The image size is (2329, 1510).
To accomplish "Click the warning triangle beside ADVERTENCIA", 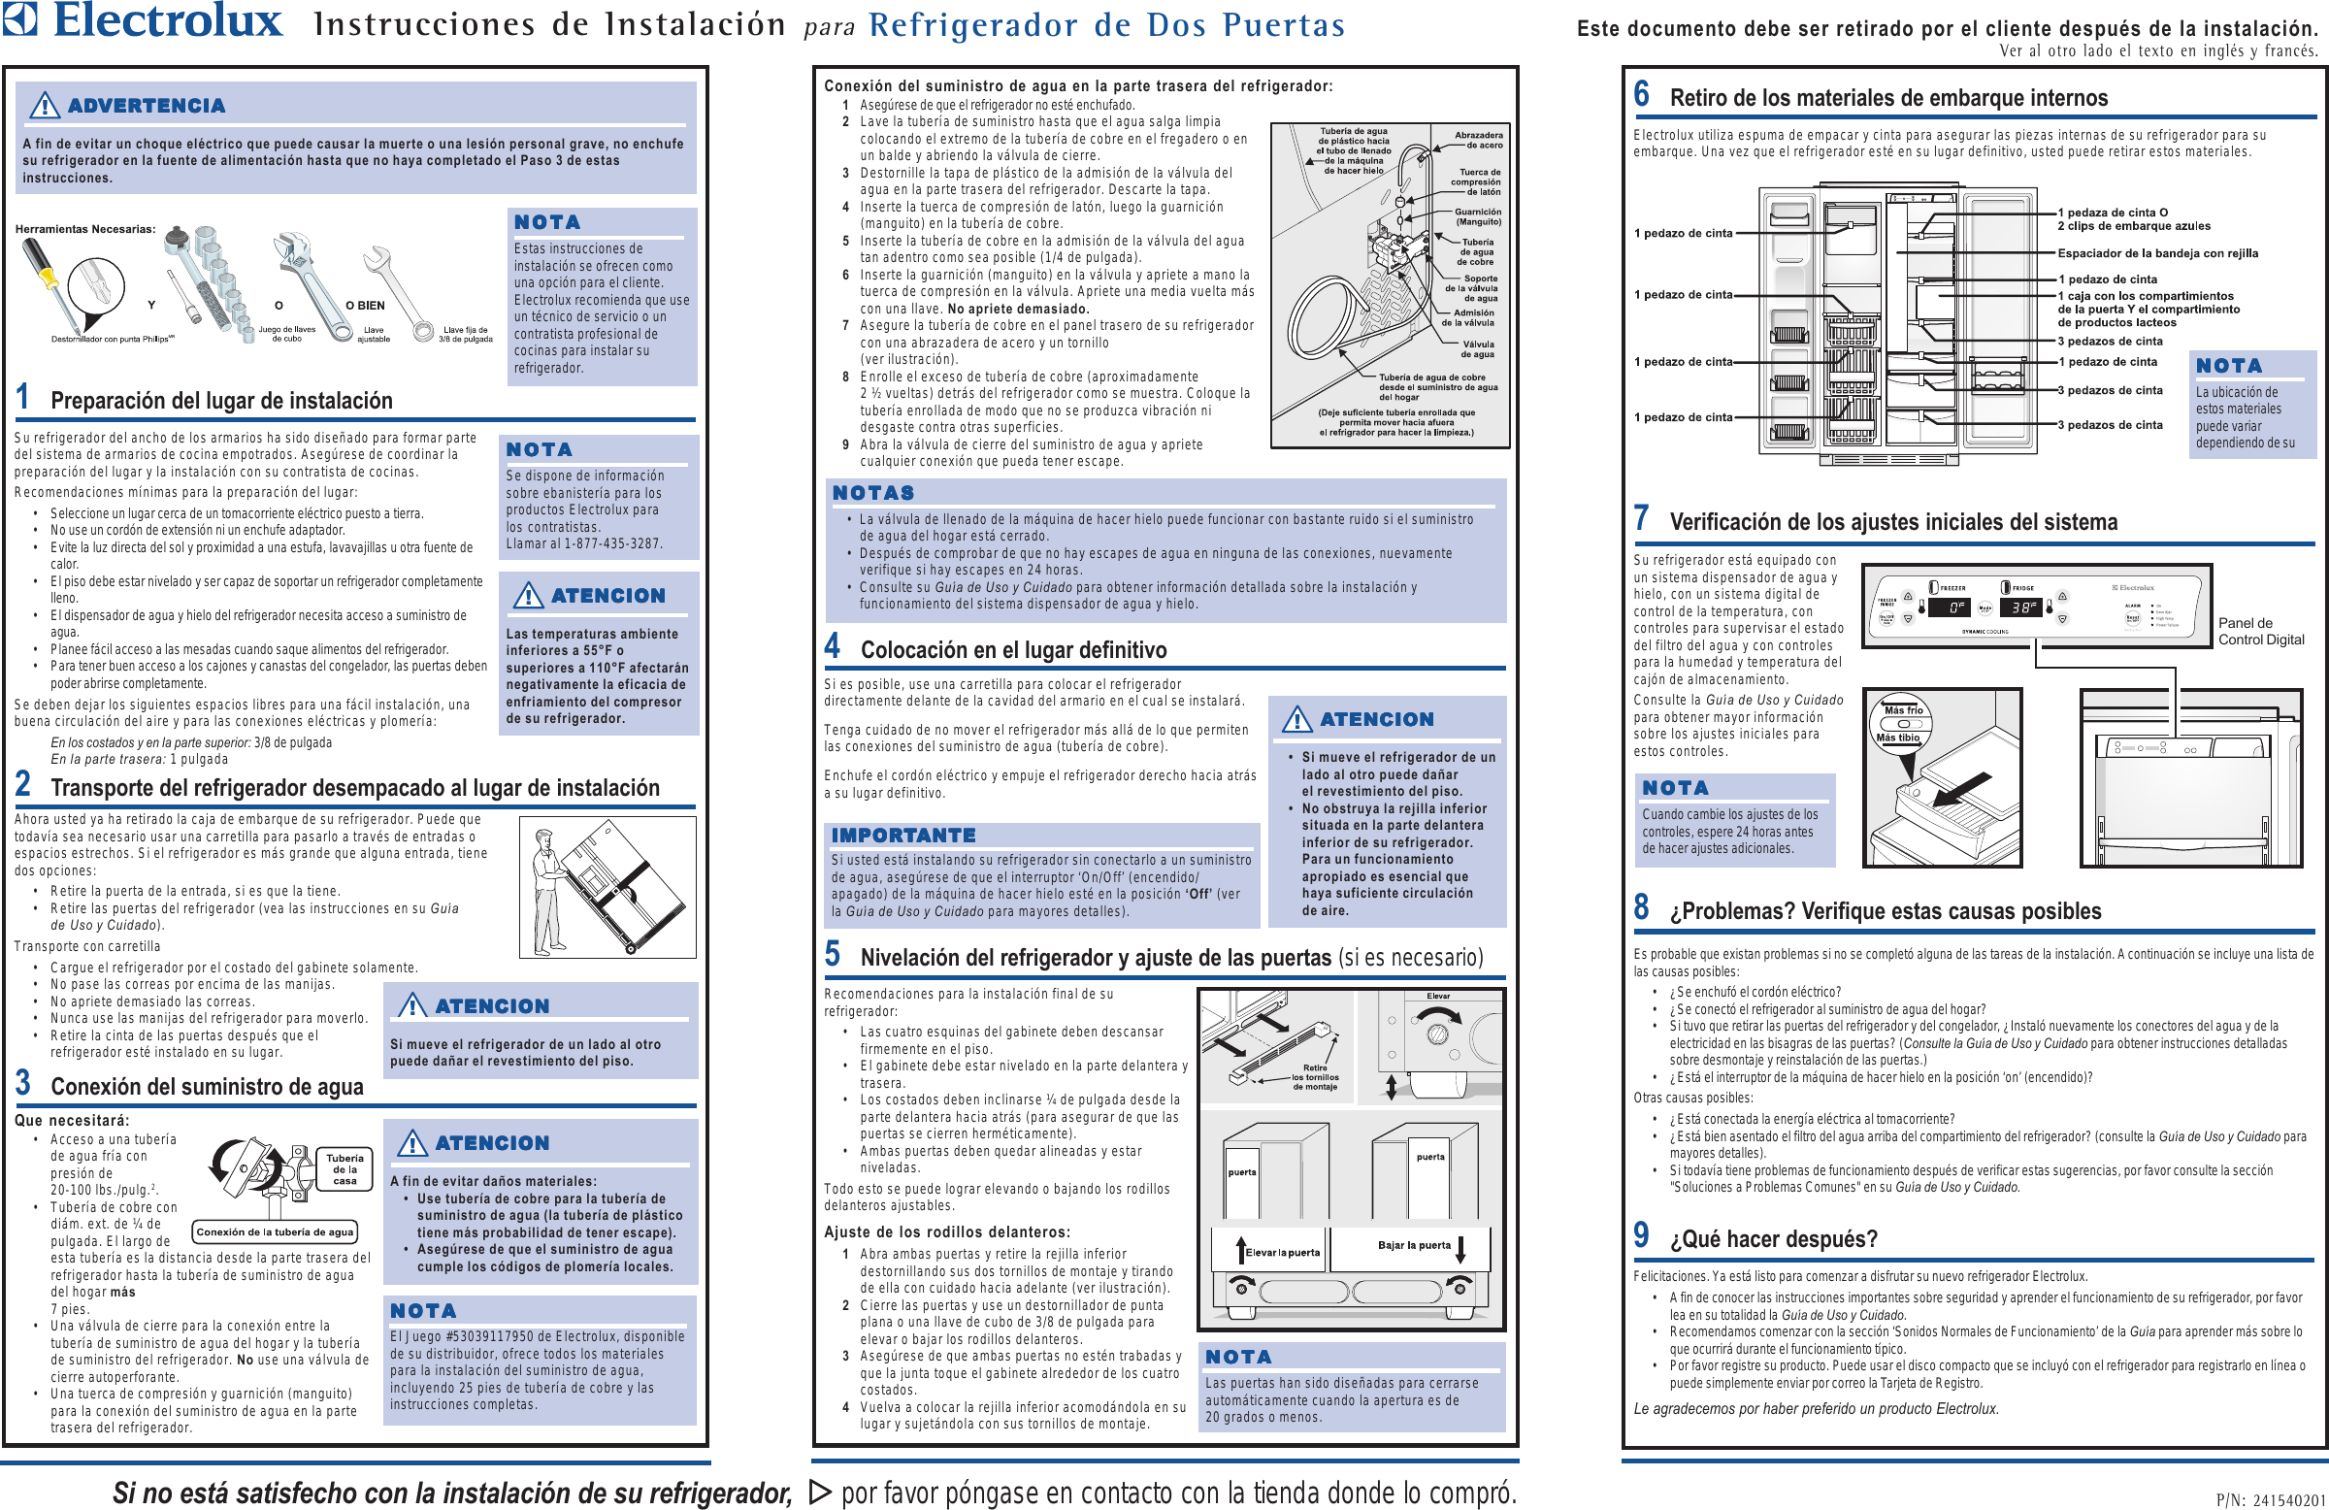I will (44, 105).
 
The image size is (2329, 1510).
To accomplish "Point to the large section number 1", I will (22, 397).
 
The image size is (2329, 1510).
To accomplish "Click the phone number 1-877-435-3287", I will (612, 543).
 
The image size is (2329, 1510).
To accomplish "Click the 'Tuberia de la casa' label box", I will (344, 1168).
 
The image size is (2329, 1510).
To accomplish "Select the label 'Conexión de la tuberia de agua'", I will (273, 1232).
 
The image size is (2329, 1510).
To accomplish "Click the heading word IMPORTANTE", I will (903, 835).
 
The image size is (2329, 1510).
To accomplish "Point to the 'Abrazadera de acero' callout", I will (1478, 140).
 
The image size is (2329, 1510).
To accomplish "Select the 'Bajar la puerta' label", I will (1414, 1245).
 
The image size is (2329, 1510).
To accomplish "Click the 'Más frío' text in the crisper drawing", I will (1903, 710).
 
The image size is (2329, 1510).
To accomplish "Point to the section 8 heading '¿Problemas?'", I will (1885, 911).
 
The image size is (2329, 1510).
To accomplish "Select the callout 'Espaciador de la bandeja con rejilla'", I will (2158, 253).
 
